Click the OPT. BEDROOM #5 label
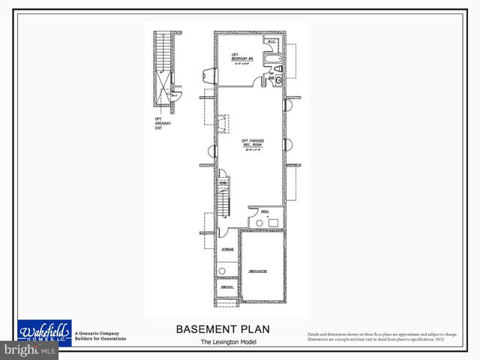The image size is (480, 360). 237,57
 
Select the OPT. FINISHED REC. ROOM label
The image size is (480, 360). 252,143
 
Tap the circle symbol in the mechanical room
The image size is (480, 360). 259,222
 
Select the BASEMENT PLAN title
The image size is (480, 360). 223,328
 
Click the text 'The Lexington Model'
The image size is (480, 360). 223,342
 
